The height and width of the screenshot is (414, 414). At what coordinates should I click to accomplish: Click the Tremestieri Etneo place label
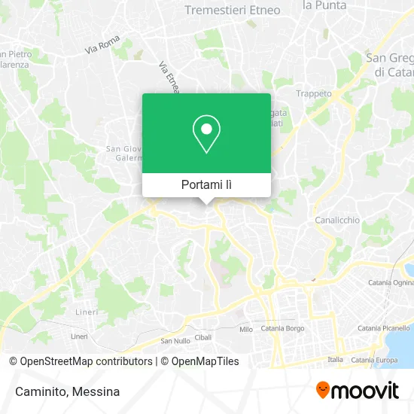pos(233,11)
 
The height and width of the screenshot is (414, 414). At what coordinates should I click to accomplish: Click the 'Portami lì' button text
pos(206,184)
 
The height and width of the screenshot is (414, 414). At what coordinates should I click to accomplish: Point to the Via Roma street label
pos(102,48)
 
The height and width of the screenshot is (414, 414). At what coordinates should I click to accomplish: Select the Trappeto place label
pos(315,93)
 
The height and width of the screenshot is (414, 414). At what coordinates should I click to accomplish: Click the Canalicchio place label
pos(337,220)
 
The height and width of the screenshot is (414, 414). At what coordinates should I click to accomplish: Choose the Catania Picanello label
pos(385,328)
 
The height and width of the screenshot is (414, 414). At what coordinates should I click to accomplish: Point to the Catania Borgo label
pos(282,329)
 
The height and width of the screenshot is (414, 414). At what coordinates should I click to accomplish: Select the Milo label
pos(245,330)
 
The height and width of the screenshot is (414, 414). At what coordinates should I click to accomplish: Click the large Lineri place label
pos(87,312)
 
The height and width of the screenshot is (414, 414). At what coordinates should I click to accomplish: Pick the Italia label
pos(335,360)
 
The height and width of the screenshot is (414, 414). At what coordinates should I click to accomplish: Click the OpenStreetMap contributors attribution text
pos(86,361)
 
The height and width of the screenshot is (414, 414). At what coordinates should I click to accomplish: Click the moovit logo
pos(357,390)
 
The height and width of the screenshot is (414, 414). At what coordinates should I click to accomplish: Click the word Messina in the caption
pos(95,391)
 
